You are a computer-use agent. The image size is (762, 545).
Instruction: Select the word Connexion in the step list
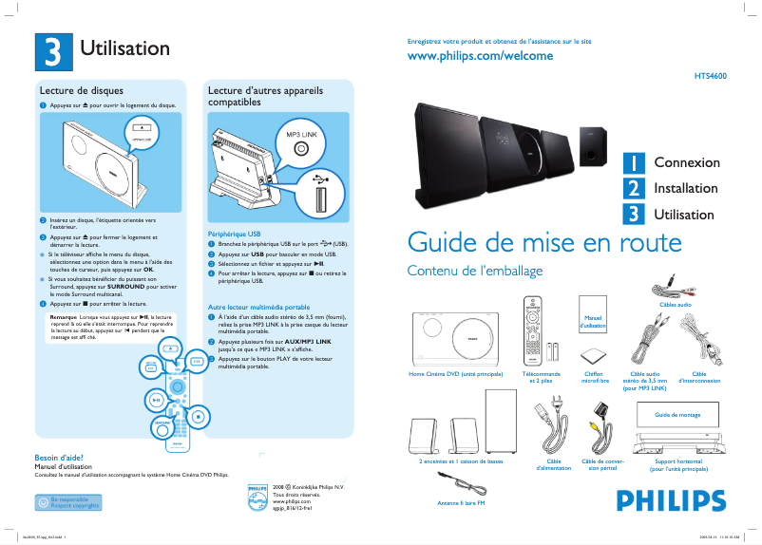coord(686,162)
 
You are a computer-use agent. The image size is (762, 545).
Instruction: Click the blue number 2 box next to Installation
coord(633,188)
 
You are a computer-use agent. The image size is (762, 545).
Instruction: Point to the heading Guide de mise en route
coord(543,241)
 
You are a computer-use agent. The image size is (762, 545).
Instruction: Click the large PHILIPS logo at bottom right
coord(664,500)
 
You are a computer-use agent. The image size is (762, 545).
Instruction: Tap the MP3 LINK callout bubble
coord(300,142)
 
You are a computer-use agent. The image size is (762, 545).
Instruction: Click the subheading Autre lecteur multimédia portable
coord(258,308)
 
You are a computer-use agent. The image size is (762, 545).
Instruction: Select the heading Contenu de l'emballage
coord(474,272)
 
